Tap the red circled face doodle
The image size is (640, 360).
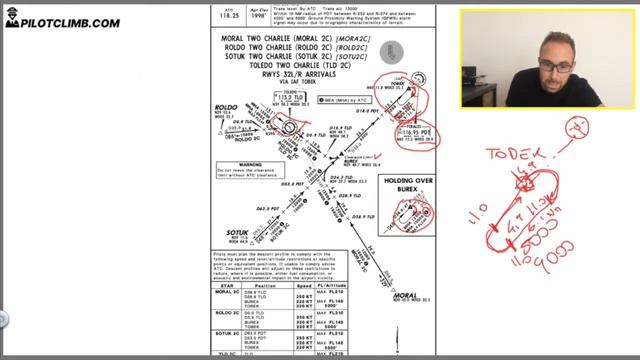tap(577, 127)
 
